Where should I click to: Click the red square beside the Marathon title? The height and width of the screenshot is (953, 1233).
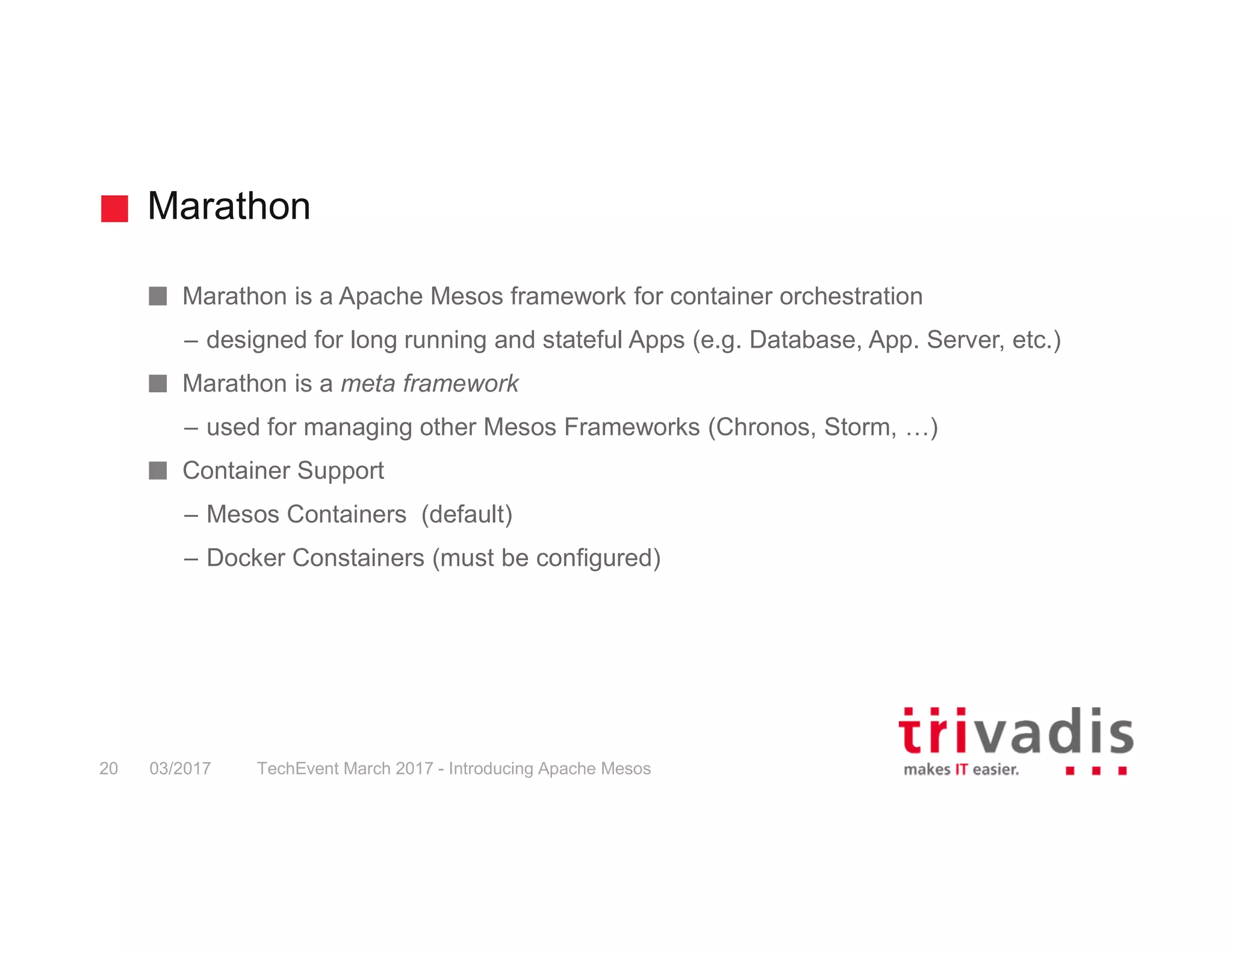click(x=114, y=208)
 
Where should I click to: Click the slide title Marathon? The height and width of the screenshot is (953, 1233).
click(x=229, y=206)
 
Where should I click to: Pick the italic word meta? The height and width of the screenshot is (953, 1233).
click(x=368, y=384)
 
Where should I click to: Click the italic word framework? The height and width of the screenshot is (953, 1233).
click(x=461, y=384)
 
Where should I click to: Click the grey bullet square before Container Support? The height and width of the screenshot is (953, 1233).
click(x=158, y=470)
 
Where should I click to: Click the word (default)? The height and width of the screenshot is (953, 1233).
click(x=467, y=514)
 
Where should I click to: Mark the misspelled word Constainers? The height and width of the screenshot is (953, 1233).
click(x=358, y=558)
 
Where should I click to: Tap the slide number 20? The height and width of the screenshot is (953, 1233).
click(x=108, y=769)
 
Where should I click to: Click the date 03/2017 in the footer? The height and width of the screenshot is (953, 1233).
click(x=180, y=769)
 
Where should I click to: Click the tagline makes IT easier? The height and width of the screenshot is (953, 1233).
click(x=961, y=770)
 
